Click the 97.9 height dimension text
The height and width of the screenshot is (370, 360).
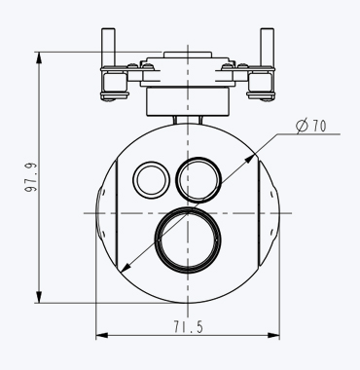(x=31, y=177)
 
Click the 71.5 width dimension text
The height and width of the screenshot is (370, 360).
(x=188, y=326)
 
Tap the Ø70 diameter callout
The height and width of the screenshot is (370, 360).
(x=311, y=126)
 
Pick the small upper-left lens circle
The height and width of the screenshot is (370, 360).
(x=133, y=180)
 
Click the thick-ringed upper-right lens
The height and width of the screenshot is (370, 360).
(x=177, y=180)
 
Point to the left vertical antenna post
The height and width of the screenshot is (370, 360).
(x=108, y=48)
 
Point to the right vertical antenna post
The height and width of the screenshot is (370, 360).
(x=267, y=48)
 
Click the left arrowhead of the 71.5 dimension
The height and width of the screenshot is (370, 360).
(x=101, y=335)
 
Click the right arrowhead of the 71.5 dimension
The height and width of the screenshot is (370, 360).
(x=274, y=335)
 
